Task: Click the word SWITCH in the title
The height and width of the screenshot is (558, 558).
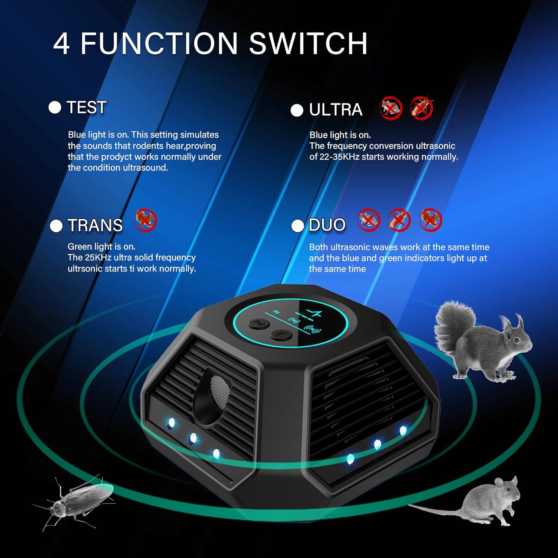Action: (x=308, y=43)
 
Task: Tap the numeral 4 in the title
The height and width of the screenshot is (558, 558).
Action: (x=61, y=44)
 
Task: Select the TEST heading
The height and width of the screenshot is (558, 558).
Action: (x=87, y=108)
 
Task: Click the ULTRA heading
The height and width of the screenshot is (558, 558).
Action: (x=336, y=110)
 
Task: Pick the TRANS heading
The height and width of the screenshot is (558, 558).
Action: (x=95, y=225)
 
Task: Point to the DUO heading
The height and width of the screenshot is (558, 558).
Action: (x=327, y=225)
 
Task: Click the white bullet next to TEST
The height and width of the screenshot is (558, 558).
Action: (x=55, y=108)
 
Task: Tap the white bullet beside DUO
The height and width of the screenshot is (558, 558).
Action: (x=297, y=226)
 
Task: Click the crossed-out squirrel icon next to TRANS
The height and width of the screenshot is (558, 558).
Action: (x=145, y=221)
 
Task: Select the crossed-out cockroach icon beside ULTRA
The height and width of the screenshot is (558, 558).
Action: (x=421, y=108)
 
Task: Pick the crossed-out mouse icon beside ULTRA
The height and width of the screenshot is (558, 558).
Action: (x=391, y=108)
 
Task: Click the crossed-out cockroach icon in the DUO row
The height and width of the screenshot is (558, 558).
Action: (x=399, y=220)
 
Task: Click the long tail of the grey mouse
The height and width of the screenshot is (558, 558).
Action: (x=435, y=509)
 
